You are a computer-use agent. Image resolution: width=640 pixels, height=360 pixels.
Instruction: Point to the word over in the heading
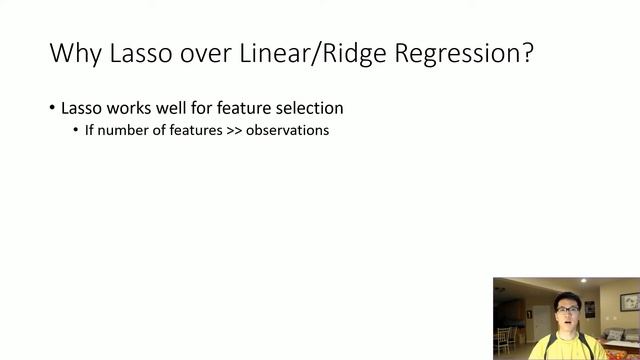[205, 53]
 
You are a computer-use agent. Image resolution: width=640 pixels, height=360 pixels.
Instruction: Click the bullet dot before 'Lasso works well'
[52, 108]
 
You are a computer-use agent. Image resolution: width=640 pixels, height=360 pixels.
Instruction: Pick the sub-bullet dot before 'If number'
[76, 131]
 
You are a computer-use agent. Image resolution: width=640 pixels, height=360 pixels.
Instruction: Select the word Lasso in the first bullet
[82, 108]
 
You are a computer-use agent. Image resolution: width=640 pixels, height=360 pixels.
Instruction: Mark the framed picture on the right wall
[629, 302]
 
